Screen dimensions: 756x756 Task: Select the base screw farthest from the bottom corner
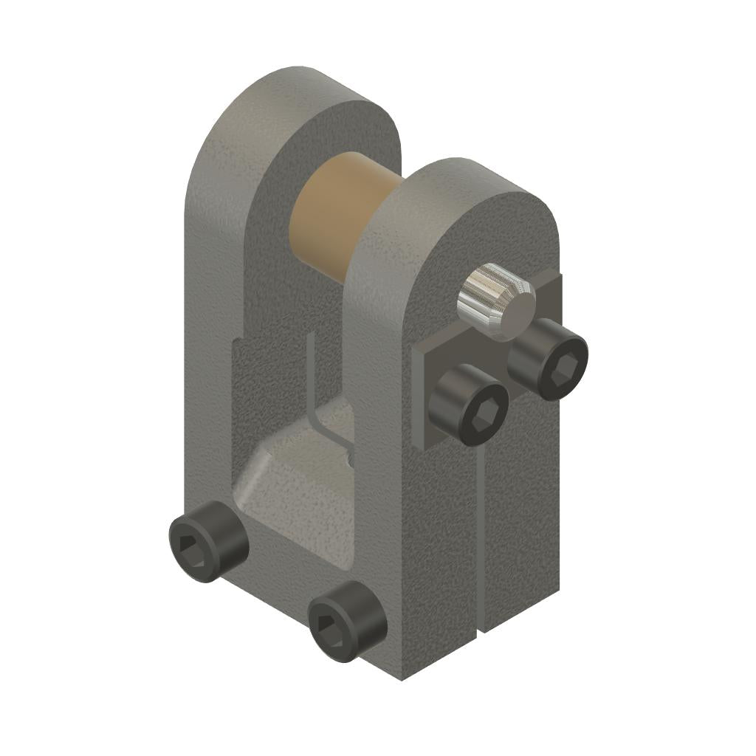208,540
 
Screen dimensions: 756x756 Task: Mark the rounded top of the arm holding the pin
472,185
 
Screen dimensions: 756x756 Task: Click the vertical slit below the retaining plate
481,532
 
